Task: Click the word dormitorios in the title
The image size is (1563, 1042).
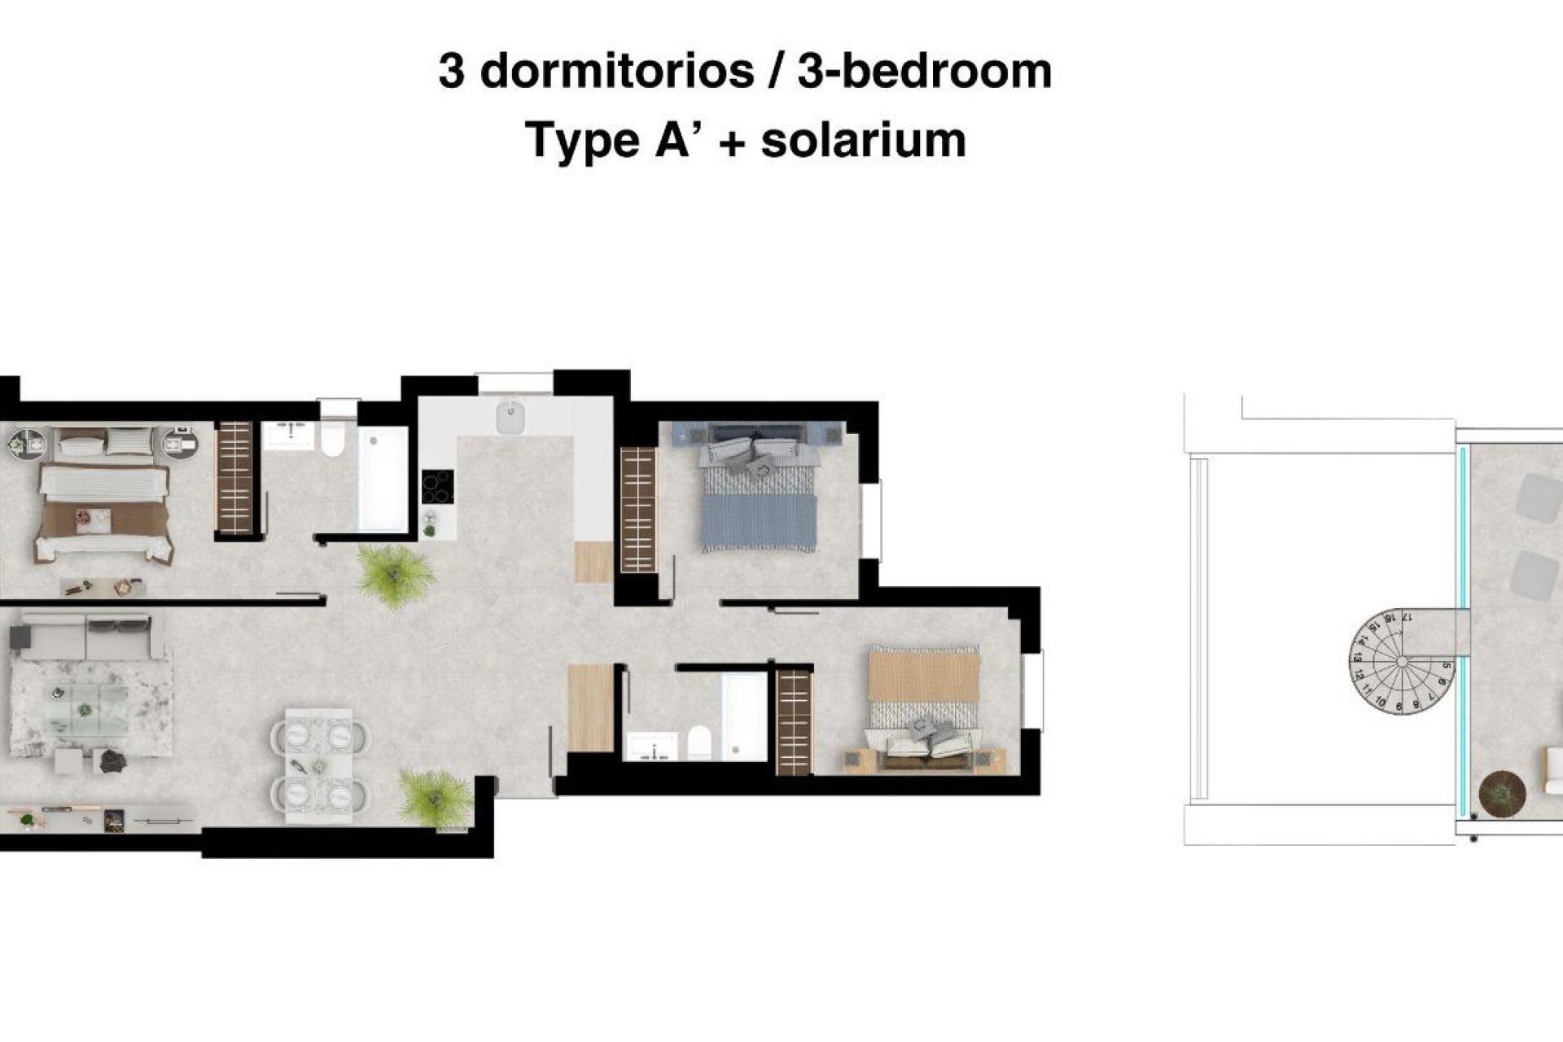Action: pos(618,72)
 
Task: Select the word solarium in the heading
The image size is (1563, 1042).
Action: pos(863,140)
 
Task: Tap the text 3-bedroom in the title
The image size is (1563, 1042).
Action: pos(924,72)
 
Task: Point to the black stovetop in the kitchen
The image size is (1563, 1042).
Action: pos(438,487)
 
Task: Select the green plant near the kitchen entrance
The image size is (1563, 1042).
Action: pos(396,574)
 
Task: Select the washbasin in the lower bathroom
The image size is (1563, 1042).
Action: pos(652,746)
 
